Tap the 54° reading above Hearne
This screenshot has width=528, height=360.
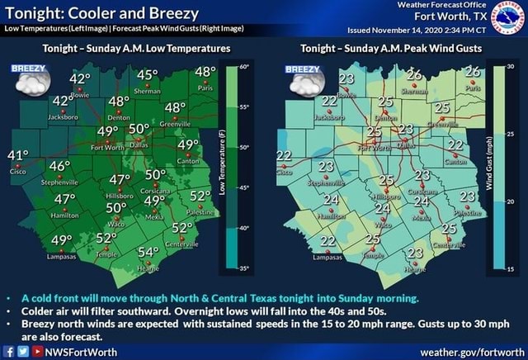148,251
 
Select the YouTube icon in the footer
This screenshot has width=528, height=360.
35,351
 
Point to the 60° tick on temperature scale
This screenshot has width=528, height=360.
243,64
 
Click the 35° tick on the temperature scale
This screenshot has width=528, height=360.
243,268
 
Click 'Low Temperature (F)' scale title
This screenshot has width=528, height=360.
221,166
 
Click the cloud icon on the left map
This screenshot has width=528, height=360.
33,83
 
